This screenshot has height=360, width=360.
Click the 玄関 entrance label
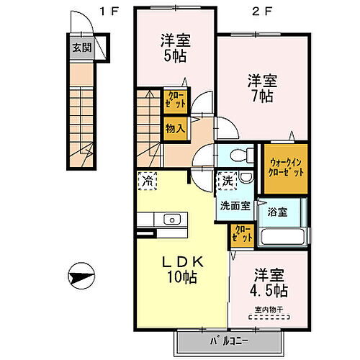[x=81, y=49]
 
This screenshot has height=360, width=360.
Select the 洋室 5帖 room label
[x=174, y=48]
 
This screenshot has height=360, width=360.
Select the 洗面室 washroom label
[x=235, y=205]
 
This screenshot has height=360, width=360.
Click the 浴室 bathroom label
[x=278, y=212]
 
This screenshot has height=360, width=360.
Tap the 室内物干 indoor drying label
[x=269, y=311]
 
